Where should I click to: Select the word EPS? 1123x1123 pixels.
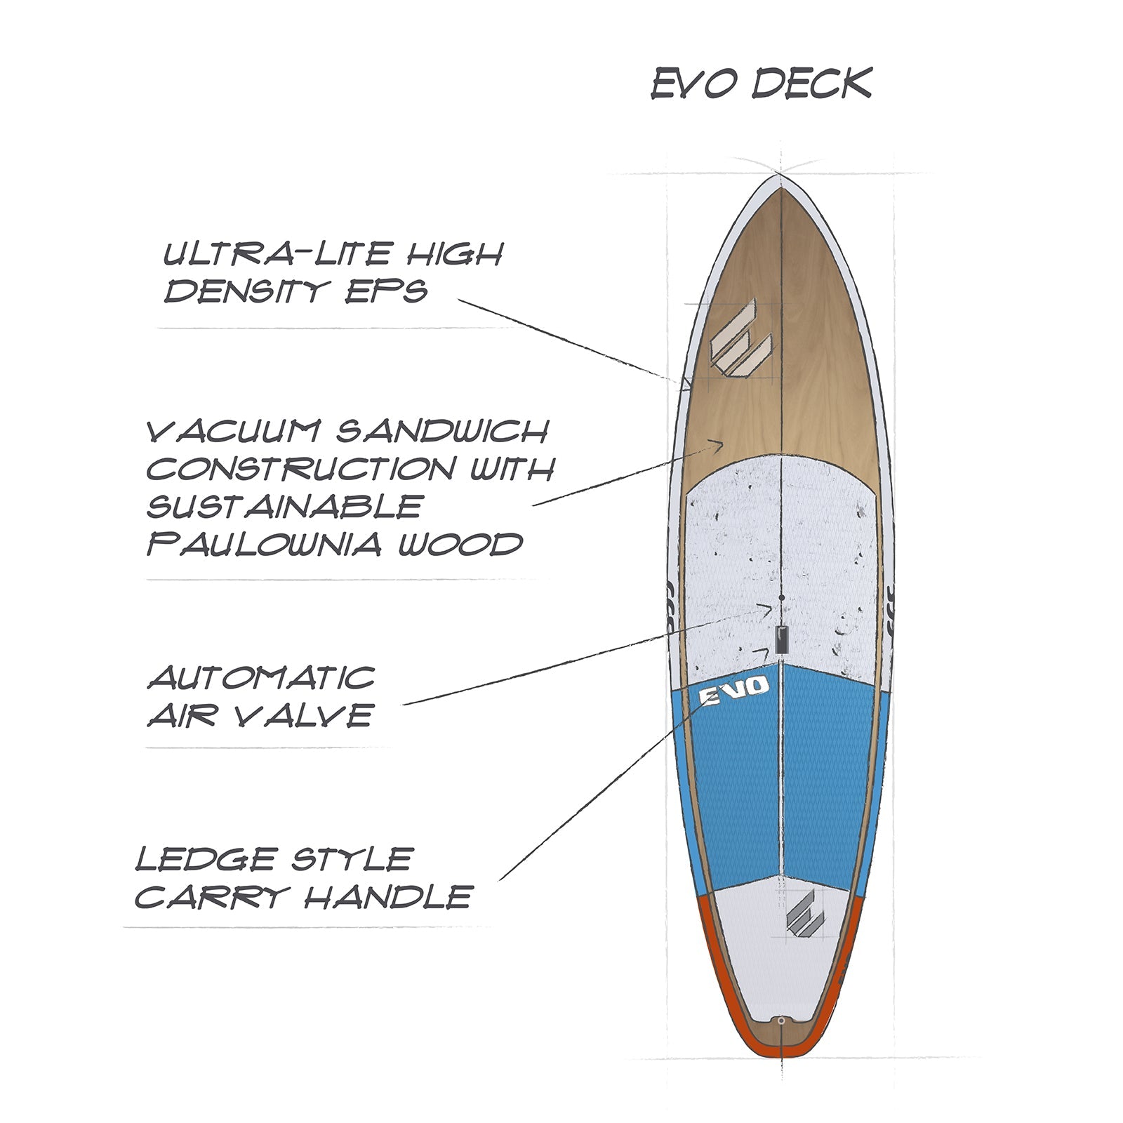click(x=387, y=291)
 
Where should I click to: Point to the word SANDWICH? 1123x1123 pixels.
click(x=441, y=432)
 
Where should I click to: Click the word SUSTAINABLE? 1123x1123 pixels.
click(x=284, y=507)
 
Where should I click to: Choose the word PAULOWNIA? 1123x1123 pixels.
click(x=263, y=545)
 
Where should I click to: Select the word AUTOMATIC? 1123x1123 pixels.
click(x=261, y=678)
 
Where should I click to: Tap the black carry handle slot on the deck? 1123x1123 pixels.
click(x=781, y=639)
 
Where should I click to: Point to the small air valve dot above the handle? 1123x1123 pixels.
click(x=781, y=598)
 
